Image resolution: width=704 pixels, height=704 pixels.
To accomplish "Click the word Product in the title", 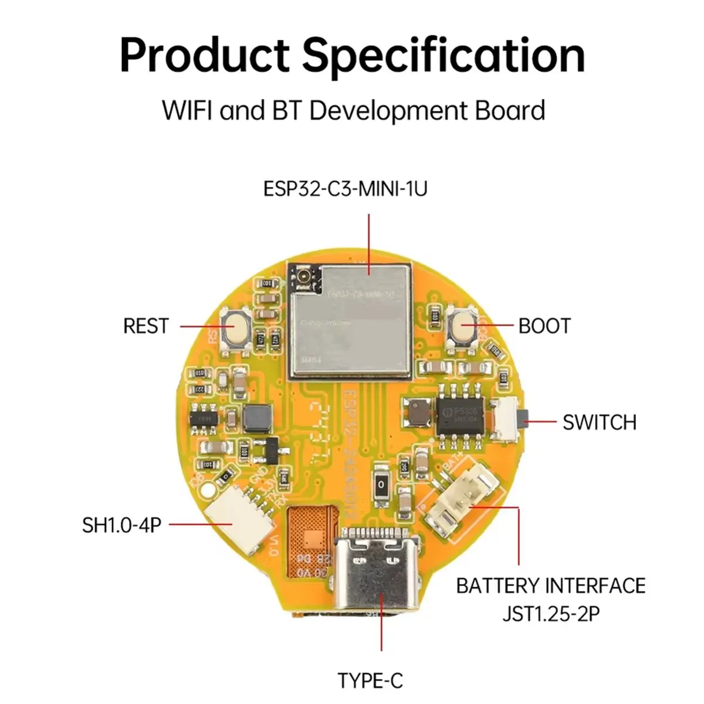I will click(x=204, y=55).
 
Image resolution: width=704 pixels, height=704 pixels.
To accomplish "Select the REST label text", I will click(x=145, y=326).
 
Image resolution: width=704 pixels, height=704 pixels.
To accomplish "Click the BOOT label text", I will click(x=544, y=326).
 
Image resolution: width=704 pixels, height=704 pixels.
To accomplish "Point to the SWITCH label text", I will click(x=599, y=422).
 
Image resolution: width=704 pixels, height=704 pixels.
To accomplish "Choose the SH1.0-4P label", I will click(x=121, y=524).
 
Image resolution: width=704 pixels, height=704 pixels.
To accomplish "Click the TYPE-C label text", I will click(x=370, y=681).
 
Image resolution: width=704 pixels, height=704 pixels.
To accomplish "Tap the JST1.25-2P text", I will click(x=550, y=614).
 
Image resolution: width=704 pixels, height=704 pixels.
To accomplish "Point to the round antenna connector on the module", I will click(x=307, y=275).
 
